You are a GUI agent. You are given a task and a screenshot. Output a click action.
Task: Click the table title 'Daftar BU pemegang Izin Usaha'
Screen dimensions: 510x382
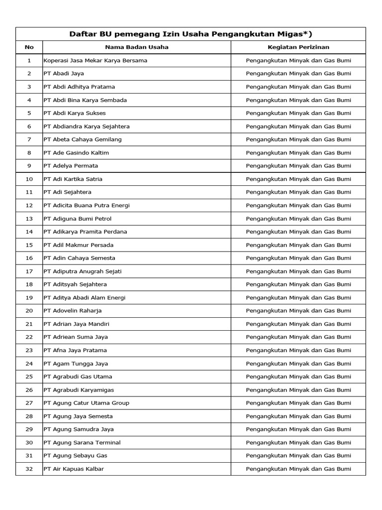191,34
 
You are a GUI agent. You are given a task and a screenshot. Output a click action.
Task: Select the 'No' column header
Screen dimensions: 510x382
29,47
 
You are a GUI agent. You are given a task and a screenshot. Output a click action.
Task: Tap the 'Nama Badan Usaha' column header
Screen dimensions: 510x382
137,47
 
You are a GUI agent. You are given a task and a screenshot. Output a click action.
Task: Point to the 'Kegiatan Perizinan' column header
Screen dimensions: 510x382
298,47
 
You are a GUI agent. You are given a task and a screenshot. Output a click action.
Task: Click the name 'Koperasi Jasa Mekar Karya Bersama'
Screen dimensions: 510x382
95,60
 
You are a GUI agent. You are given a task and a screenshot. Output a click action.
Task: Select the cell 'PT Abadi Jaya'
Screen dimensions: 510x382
64,74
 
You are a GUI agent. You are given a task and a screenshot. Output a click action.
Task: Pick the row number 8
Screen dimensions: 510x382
29,152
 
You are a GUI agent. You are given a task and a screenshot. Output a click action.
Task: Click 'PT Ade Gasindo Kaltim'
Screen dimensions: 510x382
76,152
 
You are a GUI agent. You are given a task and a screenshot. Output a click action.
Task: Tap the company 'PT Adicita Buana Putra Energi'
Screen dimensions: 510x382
87,205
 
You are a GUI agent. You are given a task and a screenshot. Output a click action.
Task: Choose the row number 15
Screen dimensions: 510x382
29,245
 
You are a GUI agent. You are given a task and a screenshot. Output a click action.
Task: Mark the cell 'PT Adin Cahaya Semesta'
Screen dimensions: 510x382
80,258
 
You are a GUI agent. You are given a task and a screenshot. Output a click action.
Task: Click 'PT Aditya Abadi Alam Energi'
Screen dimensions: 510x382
85,297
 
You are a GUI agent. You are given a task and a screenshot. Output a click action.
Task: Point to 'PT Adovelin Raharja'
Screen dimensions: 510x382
73,311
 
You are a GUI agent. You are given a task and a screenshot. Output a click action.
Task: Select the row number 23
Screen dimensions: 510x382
29,350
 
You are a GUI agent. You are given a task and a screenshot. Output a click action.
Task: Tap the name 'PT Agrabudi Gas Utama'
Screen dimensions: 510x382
78,377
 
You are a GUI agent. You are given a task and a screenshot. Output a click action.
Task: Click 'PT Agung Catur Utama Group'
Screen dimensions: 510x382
87,403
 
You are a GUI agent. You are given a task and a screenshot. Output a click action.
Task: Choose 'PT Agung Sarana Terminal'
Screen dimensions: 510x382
82,442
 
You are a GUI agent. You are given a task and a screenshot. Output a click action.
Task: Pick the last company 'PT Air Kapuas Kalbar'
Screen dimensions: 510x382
74,469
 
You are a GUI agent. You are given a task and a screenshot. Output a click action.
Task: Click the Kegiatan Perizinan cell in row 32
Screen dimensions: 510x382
298,469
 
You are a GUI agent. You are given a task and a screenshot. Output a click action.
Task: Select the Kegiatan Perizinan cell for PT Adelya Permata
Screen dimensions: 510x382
298,166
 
